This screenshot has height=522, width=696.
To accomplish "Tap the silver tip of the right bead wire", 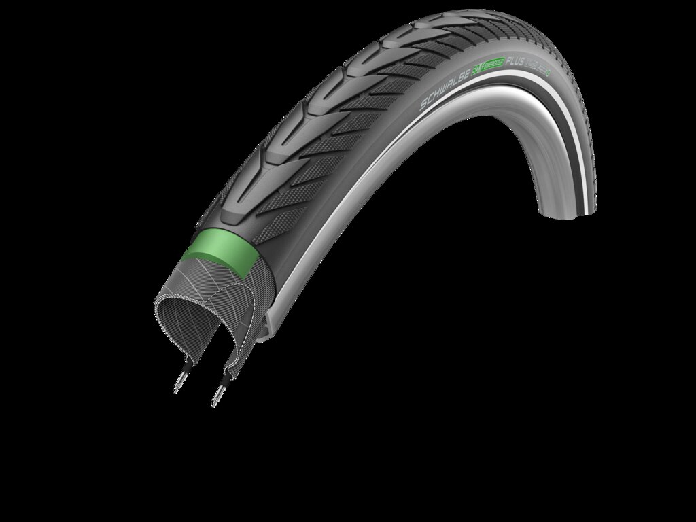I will tap(215, 402).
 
